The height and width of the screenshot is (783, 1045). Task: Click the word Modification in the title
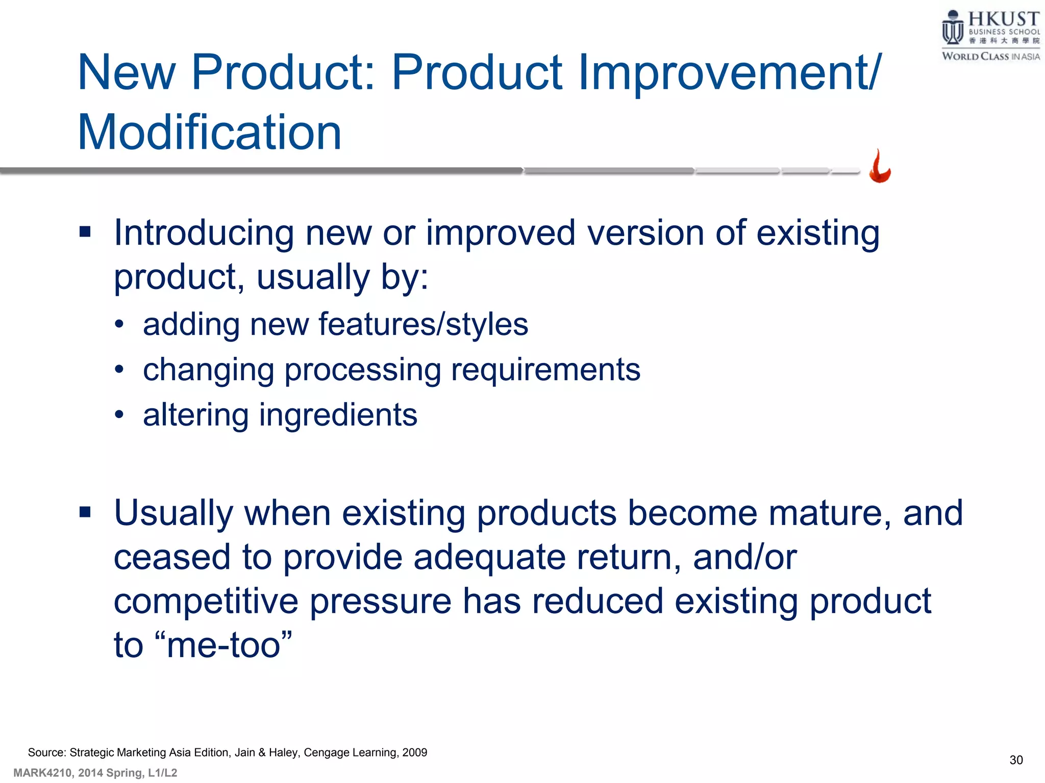point(209,133)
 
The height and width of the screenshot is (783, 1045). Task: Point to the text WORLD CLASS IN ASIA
point(990,57)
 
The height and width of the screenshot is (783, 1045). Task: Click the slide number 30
point(1016,760)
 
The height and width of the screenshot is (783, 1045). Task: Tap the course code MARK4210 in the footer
point(43,773)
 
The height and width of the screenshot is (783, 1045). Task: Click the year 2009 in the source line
point(414,752)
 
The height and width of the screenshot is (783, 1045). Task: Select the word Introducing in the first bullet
point(204,233)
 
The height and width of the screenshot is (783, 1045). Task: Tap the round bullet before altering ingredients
point(119,414)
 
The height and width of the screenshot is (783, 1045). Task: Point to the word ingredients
point(338,414)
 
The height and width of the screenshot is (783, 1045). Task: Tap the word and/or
point(744,557)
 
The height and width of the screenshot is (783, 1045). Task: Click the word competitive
point(206,602)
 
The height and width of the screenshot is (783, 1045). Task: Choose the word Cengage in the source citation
point(325,752)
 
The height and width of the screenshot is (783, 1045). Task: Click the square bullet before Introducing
point(85,232)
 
